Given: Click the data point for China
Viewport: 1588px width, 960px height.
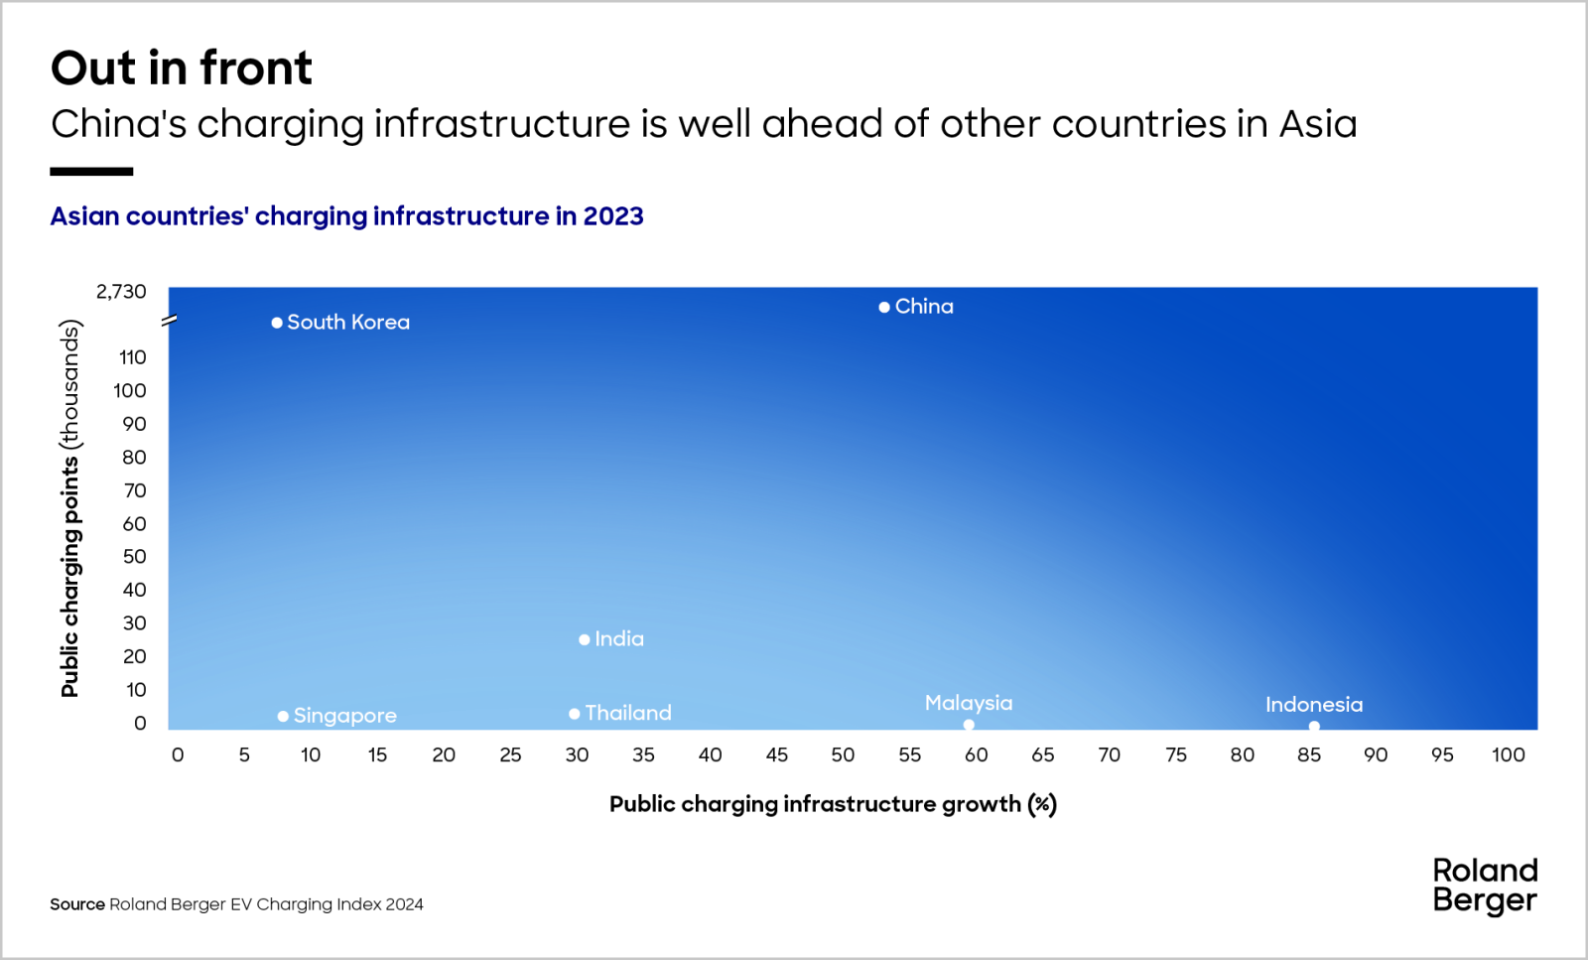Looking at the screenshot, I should click(x=884, y=308).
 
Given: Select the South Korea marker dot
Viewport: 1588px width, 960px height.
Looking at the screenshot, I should click(x=277, y=323).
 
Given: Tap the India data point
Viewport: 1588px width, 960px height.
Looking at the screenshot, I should click(x=585, y=639).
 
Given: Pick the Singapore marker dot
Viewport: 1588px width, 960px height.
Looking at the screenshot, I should click(x=283, y=716).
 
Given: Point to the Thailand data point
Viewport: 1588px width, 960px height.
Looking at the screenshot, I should click(x=575, y=714).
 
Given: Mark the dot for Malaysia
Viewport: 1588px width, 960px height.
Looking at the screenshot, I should click(x=969, y=725).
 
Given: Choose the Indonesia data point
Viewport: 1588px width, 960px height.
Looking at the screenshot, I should click(x=1314, y=726).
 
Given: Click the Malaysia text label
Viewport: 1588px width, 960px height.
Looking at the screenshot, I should click(x=969, y=703).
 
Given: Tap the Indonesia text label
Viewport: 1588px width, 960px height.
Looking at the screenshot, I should click(x=1314, y=705).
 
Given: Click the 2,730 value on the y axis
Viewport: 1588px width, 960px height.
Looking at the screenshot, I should click(x=121, y=292).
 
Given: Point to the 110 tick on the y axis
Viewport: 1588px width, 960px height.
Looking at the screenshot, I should click(x=133, y=357).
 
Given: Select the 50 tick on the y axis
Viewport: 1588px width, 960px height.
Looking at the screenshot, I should click(x=134, y=557).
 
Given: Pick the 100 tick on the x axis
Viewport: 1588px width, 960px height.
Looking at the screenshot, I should click(x=1509, y=755).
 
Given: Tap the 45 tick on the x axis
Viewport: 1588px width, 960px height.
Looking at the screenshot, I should click(x=777, y=755).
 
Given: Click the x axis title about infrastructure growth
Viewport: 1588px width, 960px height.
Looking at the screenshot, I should click(x=833, y=804).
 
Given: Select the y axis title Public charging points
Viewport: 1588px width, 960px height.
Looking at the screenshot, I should click(x=69, y=508).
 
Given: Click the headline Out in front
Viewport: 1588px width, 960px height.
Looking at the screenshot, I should click(x=182, y=69).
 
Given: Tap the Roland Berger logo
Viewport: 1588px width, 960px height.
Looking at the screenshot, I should click(x=1485, y=886).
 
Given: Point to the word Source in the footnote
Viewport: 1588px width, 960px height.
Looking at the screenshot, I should click(x=77, y=904).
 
